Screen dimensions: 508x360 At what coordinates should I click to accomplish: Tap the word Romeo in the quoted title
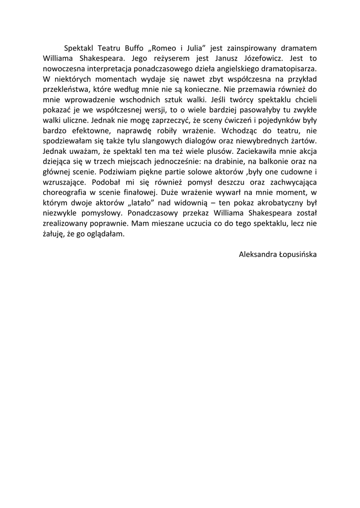[x=164, y=48]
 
